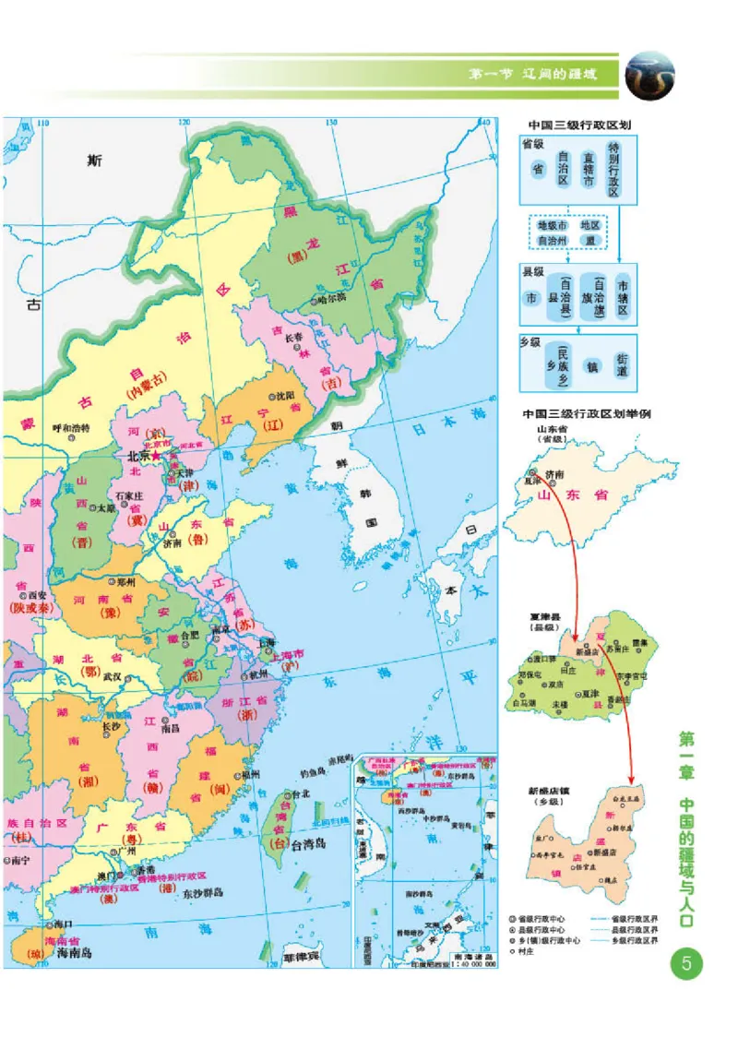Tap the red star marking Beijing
click(x=155, y=456)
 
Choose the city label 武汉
click(x=113, y=675)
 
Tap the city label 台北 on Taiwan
click(x=300, y=793)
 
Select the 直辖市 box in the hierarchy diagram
click(x=588, y=170)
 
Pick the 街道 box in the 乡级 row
click(x=623, y=365)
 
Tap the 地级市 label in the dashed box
click(x=553, y=225)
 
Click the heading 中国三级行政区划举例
click(x=587, y=413)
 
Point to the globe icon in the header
click(x=651, y=76)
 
